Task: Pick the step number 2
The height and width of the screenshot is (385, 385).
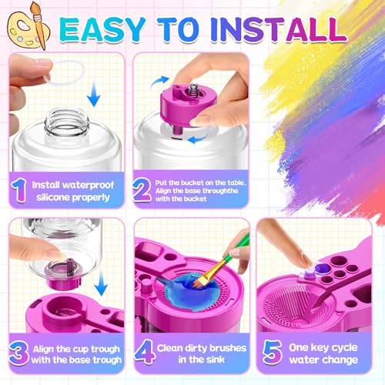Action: point(143,189)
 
